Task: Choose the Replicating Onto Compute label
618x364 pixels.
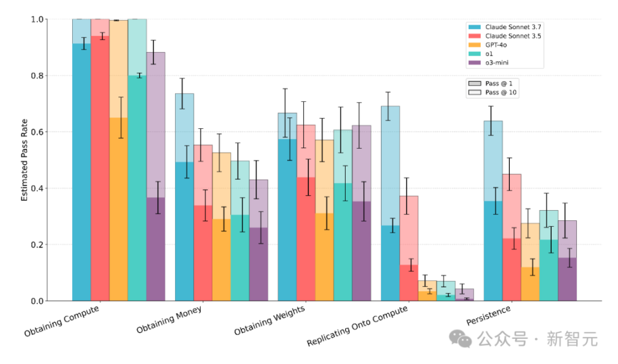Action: (x=357, y=325)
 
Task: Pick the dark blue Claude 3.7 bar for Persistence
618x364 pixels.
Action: (x=492, y=251)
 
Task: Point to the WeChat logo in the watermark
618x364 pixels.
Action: (x=461, y=338)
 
